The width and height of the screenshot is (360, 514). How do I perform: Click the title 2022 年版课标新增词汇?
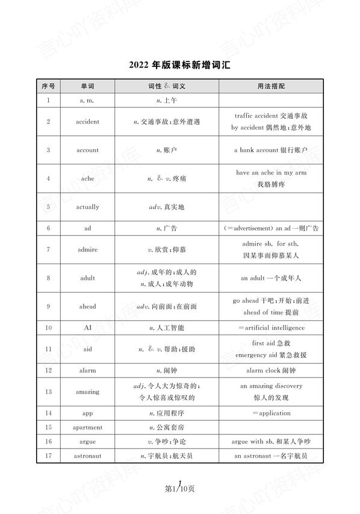point(179,65)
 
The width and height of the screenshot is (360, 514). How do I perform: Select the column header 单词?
point(87,87)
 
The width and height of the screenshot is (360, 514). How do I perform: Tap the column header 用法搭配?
point(270,87)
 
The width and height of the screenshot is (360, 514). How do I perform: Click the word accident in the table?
point(87,122)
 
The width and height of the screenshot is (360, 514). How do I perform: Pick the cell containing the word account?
point(87,150)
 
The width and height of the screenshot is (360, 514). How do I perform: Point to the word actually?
point(87,207)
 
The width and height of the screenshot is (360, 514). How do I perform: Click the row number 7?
point(48,249)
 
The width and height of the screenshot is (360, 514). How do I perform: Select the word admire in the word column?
point(87,249)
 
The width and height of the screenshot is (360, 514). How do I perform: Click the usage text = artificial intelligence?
point(271,328)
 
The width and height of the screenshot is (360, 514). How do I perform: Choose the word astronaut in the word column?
point(87,456)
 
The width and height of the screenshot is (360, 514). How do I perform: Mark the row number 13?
point(48,392)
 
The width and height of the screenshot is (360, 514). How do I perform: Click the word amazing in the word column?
point(87,392)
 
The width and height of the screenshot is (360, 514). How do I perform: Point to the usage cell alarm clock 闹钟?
point(271,370)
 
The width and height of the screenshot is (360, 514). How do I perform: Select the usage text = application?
point(271,413)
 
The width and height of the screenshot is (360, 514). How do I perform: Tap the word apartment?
point(87,427)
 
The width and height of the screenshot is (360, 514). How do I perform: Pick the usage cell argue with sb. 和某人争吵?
point(271,442)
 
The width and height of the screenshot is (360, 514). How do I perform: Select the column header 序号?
point(48,87)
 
